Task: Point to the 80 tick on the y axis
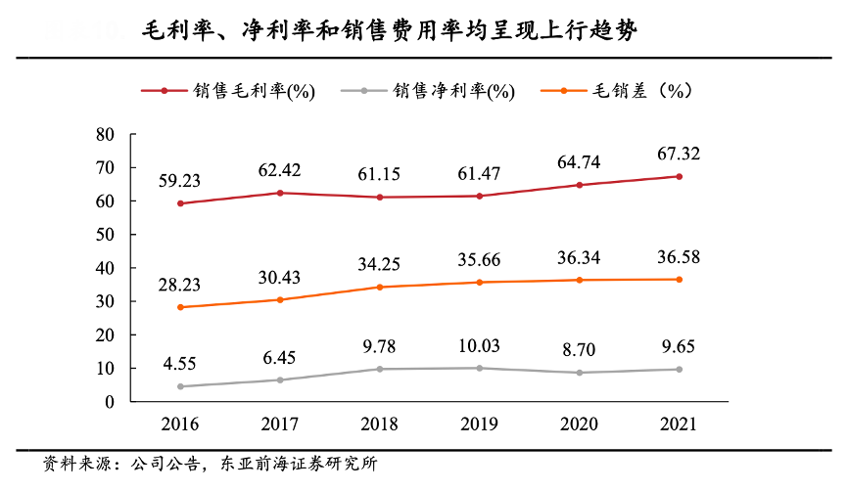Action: tap(106, 134)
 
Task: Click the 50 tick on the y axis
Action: tap(106, 235)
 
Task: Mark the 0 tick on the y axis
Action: tap(110, 402)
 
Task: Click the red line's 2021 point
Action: tap(680, 176)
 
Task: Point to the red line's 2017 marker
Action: tap(279, 193)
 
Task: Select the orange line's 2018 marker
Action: tap(379, 287)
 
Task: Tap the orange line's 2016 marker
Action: tap(179, 307)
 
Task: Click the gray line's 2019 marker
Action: tap(479, 368)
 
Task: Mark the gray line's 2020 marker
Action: tap(580, 373)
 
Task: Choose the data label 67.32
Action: tap(680, 154)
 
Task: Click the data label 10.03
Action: tap(479, 346)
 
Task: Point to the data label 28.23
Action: tap(179, 285)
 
